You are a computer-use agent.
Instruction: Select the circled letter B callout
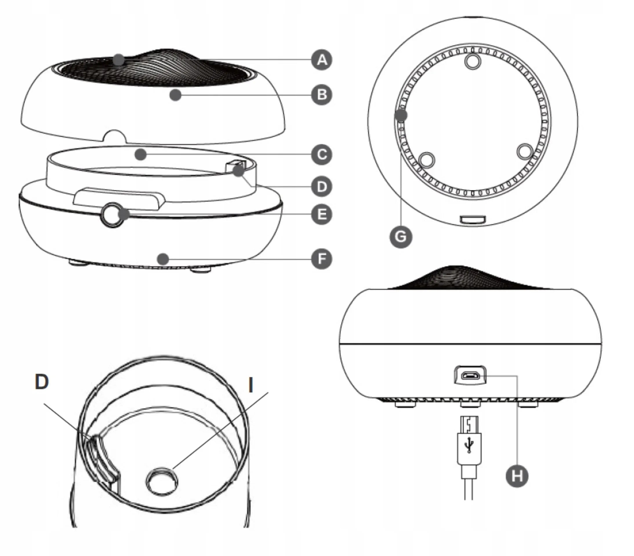[x=322, y=94]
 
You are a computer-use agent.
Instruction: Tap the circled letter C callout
[x=322, y=154]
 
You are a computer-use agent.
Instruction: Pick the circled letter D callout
[x=322, y=186]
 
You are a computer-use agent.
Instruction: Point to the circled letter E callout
[x=322, y=214]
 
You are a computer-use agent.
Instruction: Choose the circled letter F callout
[x=322, y=259]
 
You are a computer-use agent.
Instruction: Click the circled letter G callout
[x=401, y=237]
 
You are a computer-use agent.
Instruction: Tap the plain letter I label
[x=251, y=385]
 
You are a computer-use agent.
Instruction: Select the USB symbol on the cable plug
[x=469, y=445]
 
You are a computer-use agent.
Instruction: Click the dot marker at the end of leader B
[x=176, y=95]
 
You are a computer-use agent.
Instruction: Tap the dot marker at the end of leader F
[x=163, y=259]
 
